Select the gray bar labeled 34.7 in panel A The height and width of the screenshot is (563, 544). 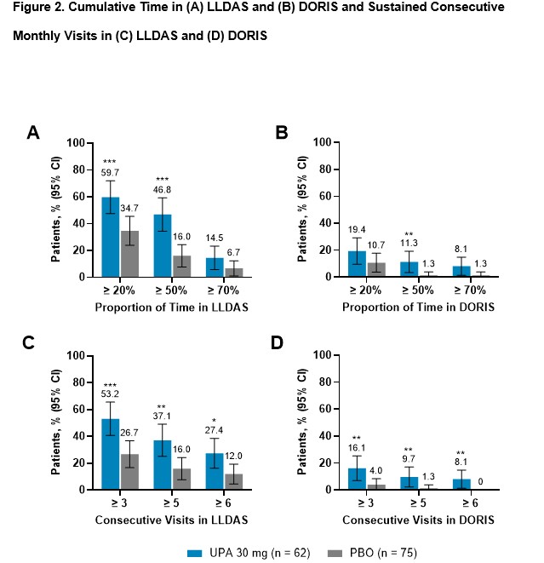point(129,254)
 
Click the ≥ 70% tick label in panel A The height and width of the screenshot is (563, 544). point(216,290)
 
